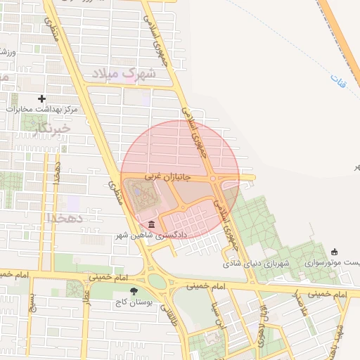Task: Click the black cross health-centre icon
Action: point(42,98)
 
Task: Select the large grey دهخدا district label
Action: point(65,217)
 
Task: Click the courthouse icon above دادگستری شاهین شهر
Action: point(153,225)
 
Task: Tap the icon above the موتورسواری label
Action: point(333,252)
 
